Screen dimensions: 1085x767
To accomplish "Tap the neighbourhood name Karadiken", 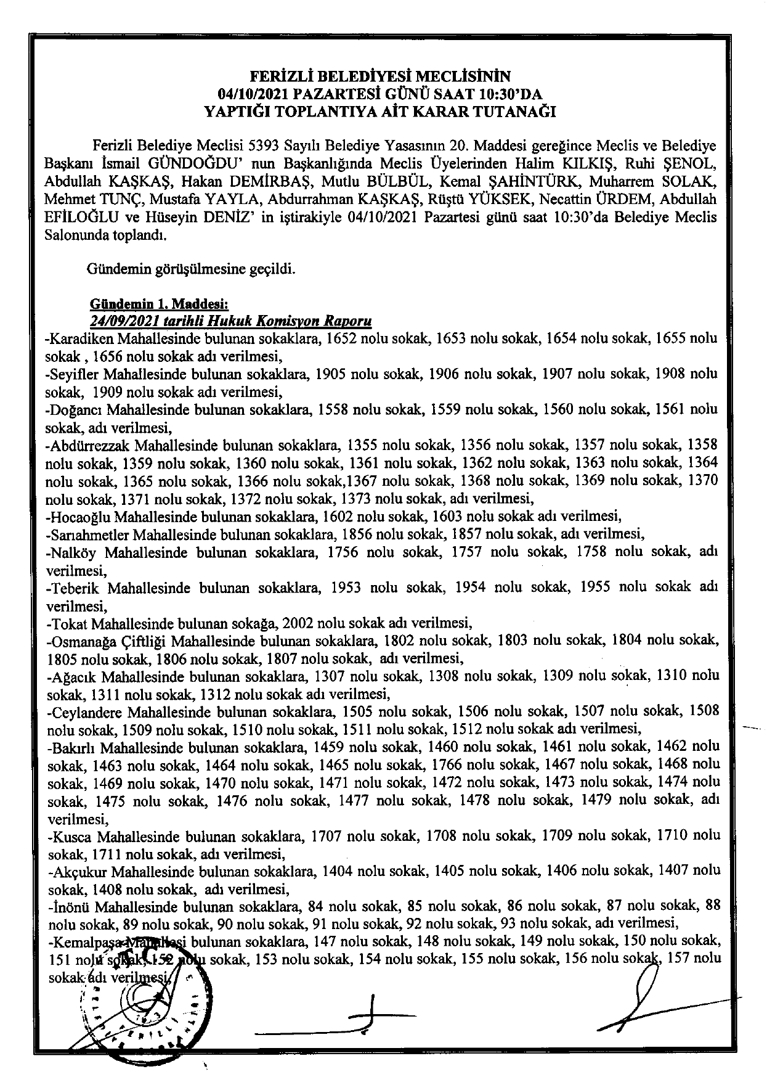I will point(80,338).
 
